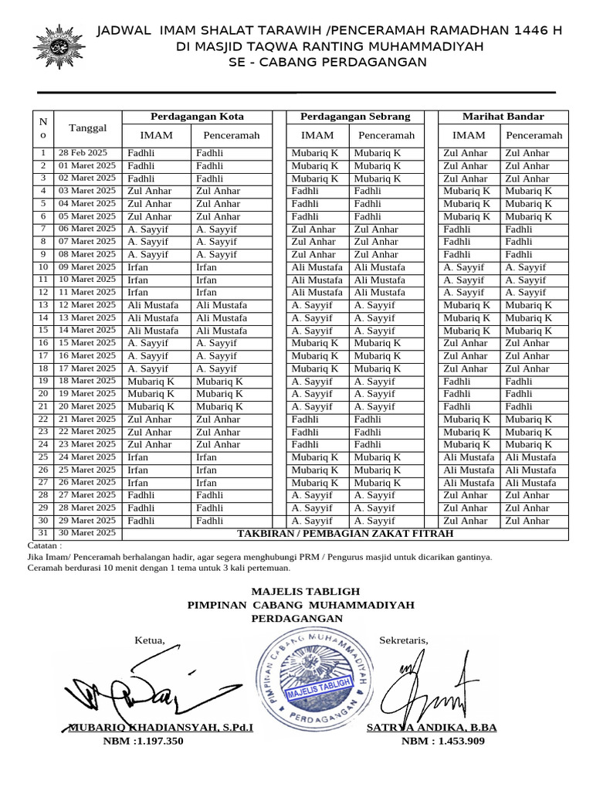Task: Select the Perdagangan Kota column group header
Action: (x=197, y=117)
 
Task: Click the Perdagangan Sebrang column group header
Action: (x=355, y=117)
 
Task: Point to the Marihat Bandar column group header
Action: (x=503, y=117)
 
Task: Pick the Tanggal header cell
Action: (x=88, y=127)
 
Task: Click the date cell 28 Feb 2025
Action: (x=83, y=153)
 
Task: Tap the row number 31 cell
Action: (x=43, y=533)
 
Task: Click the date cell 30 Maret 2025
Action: (x=87, y=533)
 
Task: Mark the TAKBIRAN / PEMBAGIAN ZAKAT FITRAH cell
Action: (x=345, y=534)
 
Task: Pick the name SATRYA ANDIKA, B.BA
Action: (x=432, y=728)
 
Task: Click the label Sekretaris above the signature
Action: (x=403, y=640)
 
